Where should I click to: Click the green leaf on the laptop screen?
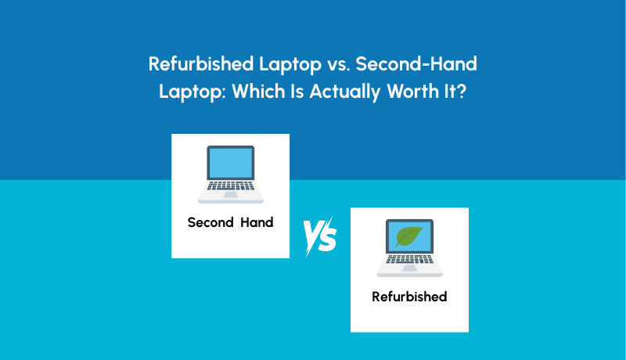click(409, 236)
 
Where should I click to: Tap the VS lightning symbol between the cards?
click(320, 236)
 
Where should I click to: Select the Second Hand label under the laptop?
click(230, 222)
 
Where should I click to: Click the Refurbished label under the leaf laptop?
click(409, 297)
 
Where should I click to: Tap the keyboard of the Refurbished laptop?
click(409, 264)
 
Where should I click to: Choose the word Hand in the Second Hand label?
click(257, 222)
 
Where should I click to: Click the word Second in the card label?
click(210, 222)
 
